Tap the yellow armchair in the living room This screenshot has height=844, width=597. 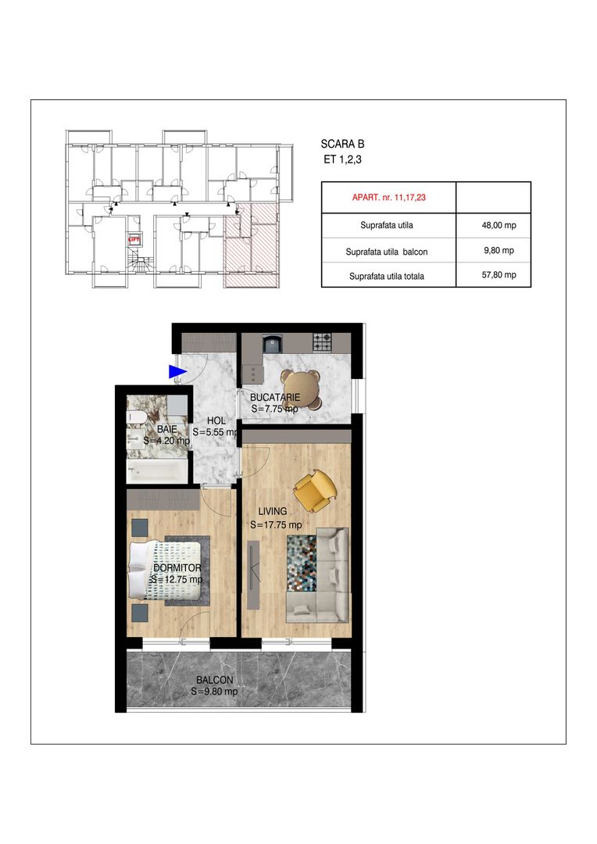pos(314,488)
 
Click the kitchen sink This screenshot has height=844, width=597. pos(273,342)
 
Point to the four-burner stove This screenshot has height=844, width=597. pos(322,342)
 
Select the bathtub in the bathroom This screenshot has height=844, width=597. pos(157,471)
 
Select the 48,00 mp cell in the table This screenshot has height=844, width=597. pos(492,226)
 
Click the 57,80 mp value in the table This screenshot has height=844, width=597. pos(492,275)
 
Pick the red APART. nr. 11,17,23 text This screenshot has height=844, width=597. pos(388,198)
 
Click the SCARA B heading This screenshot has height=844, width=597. pos(342,144)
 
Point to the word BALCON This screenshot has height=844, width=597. pos(214,680)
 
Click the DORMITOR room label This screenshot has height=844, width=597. pos(177,568)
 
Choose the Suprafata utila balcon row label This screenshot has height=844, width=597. pos(388,252)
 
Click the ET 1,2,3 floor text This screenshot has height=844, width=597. pos(342,160)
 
